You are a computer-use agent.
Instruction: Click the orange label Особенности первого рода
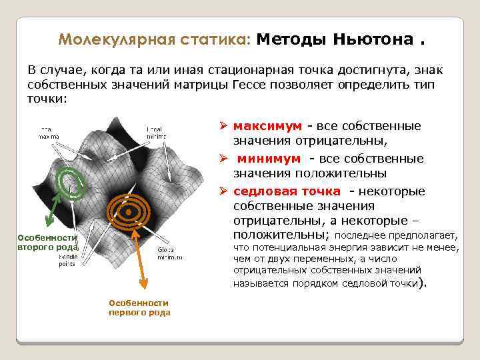[x=139, y=307]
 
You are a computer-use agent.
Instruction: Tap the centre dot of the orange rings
[x=127, y=213]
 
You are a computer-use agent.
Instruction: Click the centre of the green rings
[x=70, y=185]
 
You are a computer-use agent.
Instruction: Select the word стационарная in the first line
[x=224, y=71]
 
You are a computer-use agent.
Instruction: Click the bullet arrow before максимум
[x=224, y=126]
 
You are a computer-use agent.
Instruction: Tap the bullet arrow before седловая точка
[x=224, y=191]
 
